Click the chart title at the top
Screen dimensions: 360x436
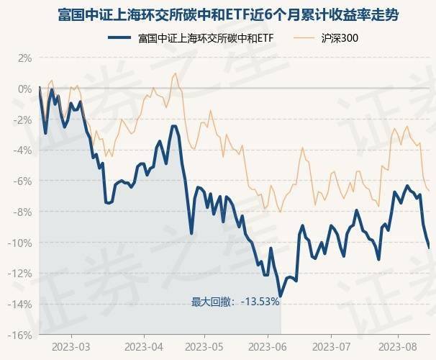tap(218, 14)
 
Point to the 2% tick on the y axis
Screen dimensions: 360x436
tap(24, 58)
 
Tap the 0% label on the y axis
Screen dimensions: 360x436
tap(24, 89)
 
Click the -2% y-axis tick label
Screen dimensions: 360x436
tap(23, 120)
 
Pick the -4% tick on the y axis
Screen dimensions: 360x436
tap(23, 150)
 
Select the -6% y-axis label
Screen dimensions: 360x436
tap(23, 181)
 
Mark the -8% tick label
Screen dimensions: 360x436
tap(23, 212)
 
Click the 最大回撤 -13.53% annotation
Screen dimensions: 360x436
tap(235, 302)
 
